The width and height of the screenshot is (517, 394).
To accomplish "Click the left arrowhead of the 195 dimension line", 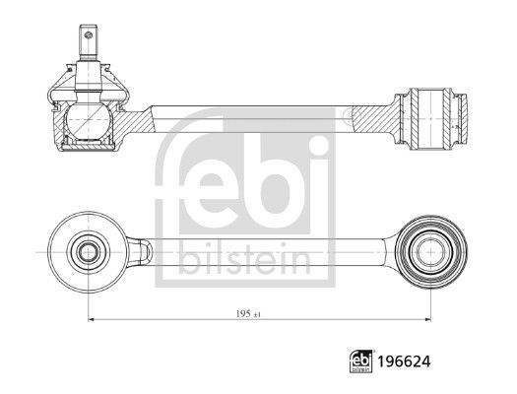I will (x=93, y=319).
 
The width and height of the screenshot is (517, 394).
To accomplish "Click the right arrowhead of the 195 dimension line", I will (x=428, y=319).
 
